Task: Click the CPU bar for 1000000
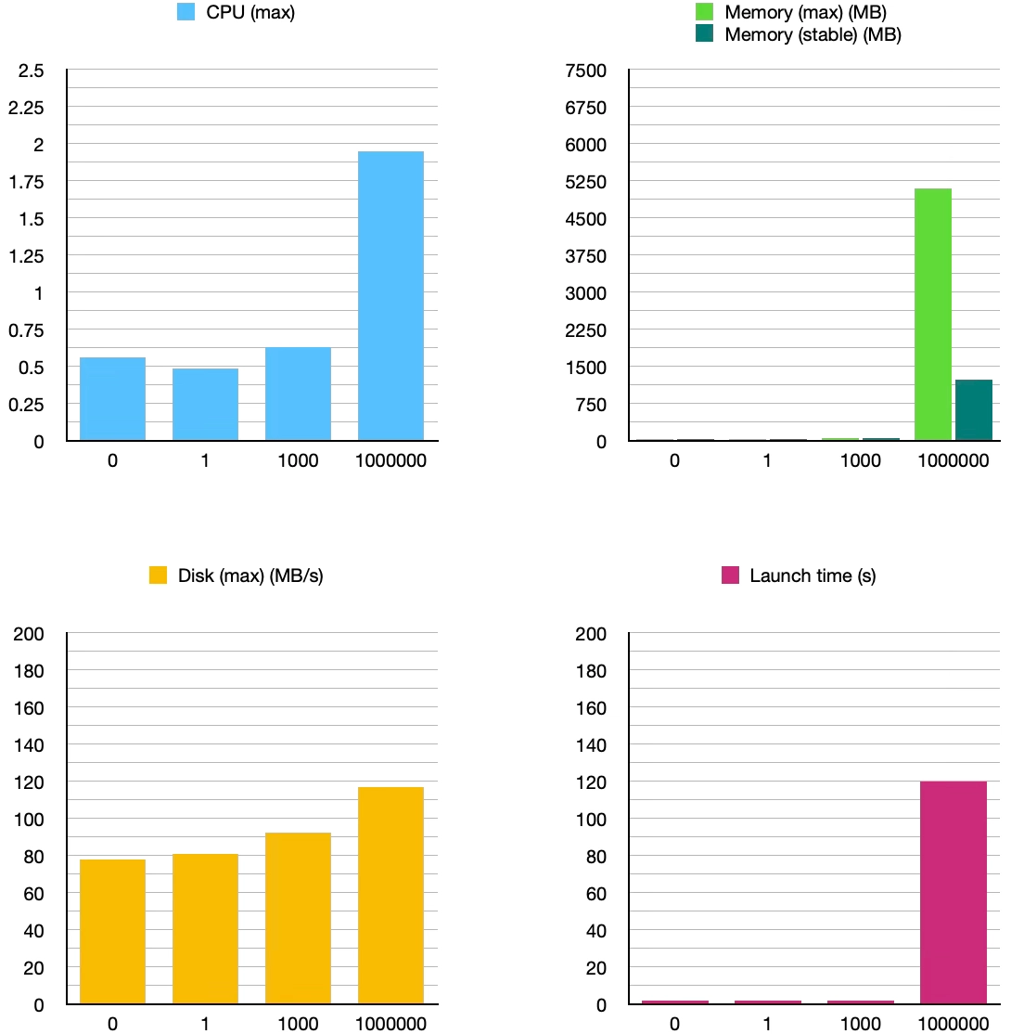[390, 296]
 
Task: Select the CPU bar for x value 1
[205, 405]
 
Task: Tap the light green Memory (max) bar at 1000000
[932, 315]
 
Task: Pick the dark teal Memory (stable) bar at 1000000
[973, 410]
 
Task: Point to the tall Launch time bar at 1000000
[953, 892]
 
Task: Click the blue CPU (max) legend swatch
[186, 14]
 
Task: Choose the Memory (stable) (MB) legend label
[813, 35]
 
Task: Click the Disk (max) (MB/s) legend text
[250, 575]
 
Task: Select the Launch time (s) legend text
[813, 575]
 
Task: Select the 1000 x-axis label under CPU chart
[298, 460]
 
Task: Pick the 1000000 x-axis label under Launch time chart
[953, 1024]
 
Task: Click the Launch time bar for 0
[674, 1002]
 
